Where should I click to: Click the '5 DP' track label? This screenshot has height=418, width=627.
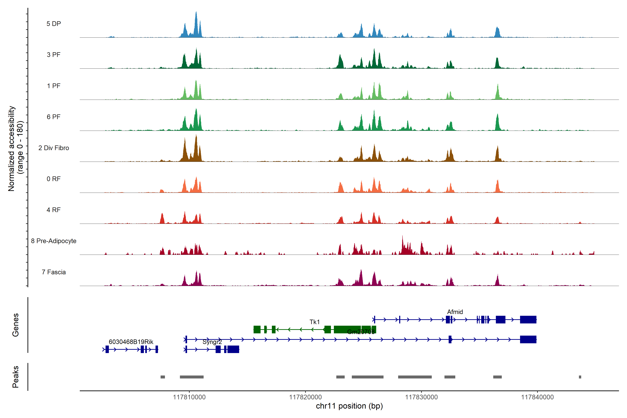click(x=54, y=24)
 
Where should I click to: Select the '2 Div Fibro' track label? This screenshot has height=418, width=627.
click(x=54, y=148)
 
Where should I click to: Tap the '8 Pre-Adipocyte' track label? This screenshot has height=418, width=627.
click(x=54, y=241)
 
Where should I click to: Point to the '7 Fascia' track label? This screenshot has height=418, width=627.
click(x=54, y=272)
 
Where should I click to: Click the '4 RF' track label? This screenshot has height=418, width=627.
click(x=54, y=210)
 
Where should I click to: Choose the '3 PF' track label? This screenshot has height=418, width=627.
click(x=54, y=55)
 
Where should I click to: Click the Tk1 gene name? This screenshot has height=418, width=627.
click(x=315, y=322)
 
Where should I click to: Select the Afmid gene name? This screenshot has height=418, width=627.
click(x=455, y=312)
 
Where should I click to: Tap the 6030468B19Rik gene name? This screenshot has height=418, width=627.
click(x=131, y=342)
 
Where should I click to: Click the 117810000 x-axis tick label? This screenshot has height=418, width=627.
click(x=189, y=397)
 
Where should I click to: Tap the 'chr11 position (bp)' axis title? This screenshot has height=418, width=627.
click(x=349, y=406)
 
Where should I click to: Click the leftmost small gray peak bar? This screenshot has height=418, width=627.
click(x=163, y=377)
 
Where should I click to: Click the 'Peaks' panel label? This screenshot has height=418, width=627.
click(x=16, y=377)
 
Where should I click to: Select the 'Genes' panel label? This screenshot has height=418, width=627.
click(x=16, y=325)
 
